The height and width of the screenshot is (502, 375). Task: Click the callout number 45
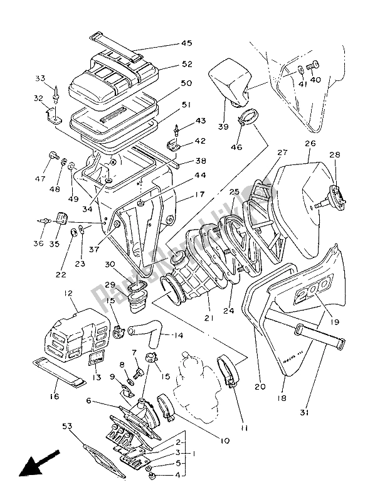[x=187, y=43]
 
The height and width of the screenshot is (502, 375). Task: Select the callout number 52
[x=187, y=65]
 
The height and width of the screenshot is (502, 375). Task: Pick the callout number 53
[x=90, y=400]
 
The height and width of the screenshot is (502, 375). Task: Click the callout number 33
[x=40, y=78]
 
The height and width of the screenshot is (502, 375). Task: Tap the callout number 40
[x=315, y=80]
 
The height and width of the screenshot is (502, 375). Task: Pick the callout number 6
[x=90, y=400]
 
